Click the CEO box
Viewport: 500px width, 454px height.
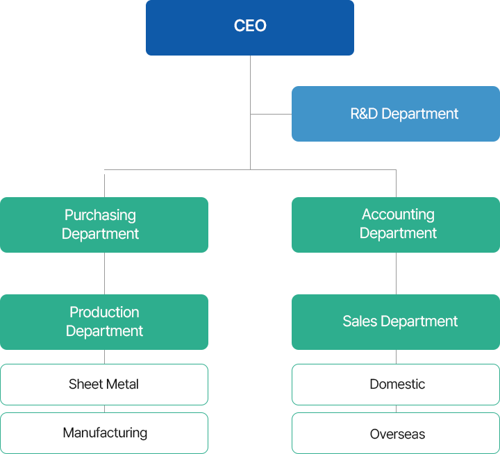click(250, 28)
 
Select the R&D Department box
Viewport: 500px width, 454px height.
click(396, 114)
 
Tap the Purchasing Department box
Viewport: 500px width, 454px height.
click(104, 224)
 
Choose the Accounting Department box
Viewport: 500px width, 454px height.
click(396, 224)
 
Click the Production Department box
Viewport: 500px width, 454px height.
click(104, 321)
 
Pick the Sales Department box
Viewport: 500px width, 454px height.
click(396, 321)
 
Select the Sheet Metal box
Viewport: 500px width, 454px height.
click(104, 384)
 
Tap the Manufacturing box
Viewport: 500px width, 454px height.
click(104, 433)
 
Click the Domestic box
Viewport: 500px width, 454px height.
click(396, 384)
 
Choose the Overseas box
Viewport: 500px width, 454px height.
click(396, 433)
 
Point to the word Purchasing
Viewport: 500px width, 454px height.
click(100, 215)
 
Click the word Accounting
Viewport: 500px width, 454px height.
click(398, 215)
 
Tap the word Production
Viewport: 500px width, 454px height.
click(104, 312)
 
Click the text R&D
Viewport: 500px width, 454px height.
click(364, 114)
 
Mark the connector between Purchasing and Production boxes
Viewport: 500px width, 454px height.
click(104, 274)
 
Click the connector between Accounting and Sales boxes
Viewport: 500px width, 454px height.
click(397, 274)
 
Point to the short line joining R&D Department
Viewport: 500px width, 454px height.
click(271, 114)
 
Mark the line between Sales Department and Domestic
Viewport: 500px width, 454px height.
click(397, 357)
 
